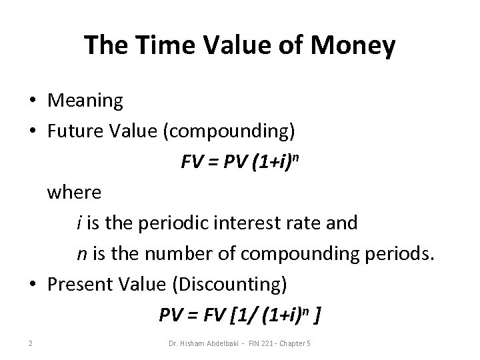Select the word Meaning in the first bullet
(x=85, y=101)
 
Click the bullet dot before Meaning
(x=32, y=101)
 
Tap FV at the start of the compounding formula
(x=191, y=162)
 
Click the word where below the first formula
(x=74, y=193)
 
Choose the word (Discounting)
(x=230, y=284)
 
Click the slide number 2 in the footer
(x=31, y=343)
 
